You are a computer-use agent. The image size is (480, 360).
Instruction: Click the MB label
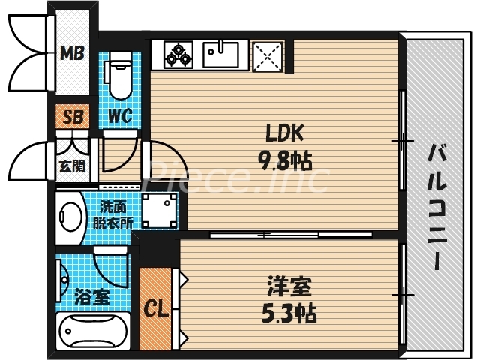[x=73, y=53]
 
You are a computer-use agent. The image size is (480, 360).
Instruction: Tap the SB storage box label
[x=73, y=116]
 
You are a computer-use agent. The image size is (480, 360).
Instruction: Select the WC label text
[x=120, y=116]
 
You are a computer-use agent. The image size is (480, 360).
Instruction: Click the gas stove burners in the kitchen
[x=177, y=54]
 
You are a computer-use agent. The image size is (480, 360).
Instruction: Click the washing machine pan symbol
[x=159, y=208]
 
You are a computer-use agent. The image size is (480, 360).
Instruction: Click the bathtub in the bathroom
[x=94, y=331]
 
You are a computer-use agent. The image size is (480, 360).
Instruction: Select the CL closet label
[x=156, y=308]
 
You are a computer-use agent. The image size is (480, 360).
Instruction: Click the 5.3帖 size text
[x=289, y=312]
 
